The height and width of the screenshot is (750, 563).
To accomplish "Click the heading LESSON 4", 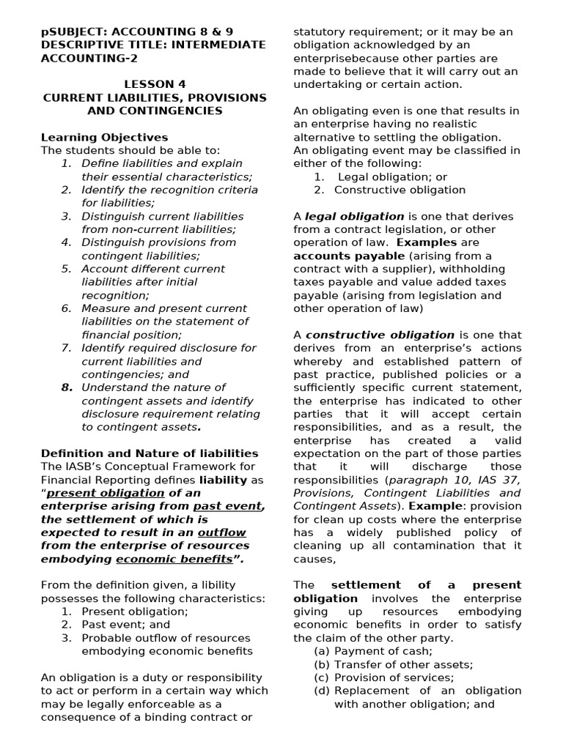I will [155, 84].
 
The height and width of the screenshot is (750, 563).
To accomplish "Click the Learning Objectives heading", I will [104, 137].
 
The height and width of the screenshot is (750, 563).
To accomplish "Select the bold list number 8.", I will [67, 387].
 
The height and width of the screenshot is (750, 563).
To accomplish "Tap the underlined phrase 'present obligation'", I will [100, 493].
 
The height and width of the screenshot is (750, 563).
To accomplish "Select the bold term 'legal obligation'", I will [354, 216].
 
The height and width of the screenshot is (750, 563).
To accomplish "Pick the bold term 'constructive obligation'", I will [380, 335].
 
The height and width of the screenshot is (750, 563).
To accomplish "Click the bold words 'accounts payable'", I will [348, 256].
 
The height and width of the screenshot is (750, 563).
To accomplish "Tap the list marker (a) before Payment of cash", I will [321, 651].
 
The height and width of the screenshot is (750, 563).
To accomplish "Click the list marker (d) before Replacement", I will [321, 691].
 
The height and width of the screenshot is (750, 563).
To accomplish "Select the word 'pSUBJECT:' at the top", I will [70, 31].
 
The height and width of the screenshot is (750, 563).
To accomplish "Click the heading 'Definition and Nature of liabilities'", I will [150, 453].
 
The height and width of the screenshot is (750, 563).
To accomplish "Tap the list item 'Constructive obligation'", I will [400, 190].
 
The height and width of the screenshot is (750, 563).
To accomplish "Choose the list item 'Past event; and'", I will [125, 625].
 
